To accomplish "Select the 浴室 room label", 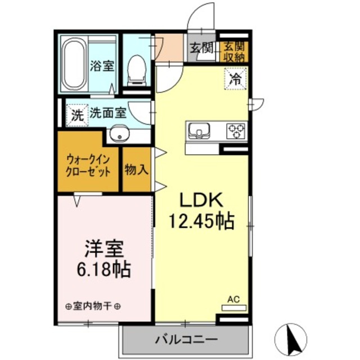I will pos(102,65).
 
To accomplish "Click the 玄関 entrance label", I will pos(201,48).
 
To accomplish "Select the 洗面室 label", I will pos(108,112).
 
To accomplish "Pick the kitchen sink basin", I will pos(198,130).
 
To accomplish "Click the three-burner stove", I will pos(236,130).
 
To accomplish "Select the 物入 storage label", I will pos(136,169).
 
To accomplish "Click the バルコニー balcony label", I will pos(186,340).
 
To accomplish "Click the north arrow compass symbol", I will pos(292,339).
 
